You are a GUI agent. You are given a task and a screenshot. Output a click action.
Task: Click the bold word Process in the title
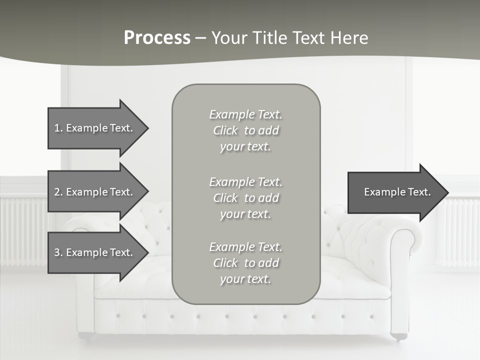click(157, 38)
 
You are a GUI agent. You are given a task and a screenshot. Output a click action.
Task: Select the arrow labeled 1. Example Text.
click(95, 128)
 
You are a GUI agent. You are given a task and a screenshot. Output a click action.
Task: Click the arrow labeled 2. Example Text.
click(95, 192)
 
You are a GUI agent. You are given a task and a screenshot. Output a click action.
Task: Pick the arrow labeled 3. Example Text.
click(95, 252)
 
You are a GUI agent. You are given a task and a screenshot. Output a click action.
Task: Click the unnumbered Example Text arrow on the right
click(395, 192)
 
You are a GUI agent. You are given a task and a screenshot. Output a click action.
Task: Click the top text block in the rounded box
click(245, 130)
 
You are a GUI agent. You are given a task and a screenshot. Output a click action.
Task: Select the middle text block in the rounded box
click(245, 198)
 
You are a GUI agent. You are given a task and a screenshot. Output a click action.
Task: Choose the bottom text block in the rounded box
click(245, 263)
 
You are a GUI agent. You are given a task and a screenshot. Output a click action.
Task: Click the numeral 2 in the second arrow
click(57, 192)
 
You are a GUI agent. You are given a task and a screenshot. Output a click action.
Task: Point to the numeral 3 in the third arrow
click(57, 252)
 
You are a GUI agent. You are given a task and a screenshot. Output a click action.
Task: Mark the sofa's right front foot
click(398, 337)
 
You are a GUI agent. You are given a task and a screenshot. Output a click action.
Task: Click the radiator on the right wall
click(457, 232)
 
